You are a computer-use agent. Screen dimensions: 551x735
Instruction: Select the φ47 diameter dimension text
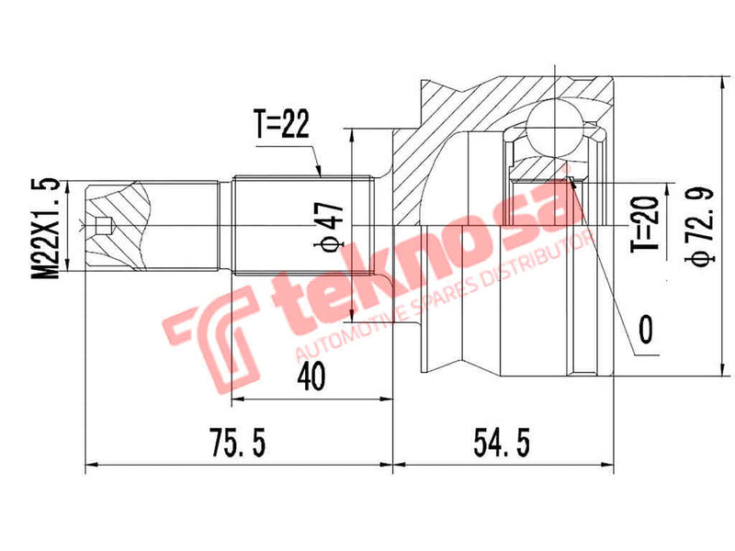[334, 226]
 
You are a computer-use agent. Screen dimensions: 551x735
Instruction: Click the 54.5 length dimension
[501, 444]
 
